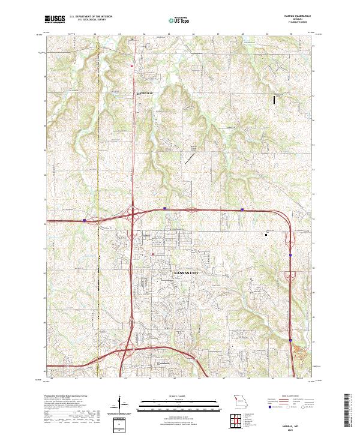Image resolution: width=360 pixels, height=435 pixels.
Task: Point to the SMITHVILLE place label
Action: click(142, 93)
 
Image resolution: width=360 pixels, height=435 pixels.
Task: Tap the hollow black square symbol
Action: click(267, 235)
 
